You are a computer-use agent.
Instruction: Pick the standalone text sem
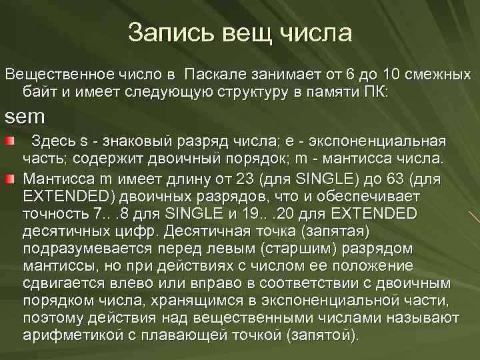25,117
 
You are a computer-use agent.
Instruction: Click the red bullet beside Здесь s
10,143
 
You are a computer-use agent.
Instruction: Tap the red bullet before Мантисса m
10,179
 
